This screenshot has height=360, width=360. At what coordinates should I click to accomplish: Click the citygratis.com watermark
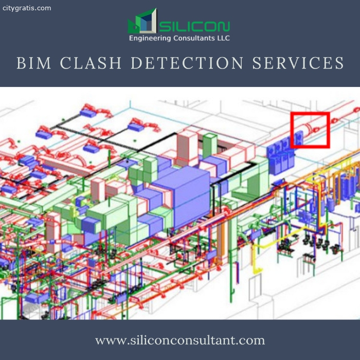coord(27,8)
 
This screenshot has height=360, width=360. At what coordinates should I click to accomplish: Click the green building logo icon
coord(142,21)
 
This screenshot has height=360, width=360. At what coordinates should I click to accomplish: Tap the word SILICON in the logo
coord(194,27)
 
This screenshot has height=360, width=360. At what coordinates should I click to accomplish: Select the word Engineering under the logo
coord(150,38)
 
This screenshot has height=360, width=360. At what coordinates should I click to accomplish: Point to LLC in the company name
coord(223,38)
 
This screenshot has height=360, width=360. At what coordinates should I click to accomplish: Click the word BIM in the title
coord(34,63)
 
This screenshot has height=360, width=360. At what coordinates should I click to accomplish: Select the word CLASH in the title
coord(91,63)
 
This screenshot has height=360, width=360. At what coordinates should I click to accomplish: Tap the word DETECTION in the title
coord(187,63)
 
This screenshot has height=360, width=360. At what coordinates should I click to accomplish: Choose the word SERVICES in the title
coord(298,63)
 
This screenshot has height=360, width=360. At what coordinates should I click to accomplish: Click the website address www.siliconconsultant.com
coord(180,340)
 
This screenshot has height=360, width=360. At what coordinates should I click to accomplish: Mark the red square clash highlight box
coord(310,113)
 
